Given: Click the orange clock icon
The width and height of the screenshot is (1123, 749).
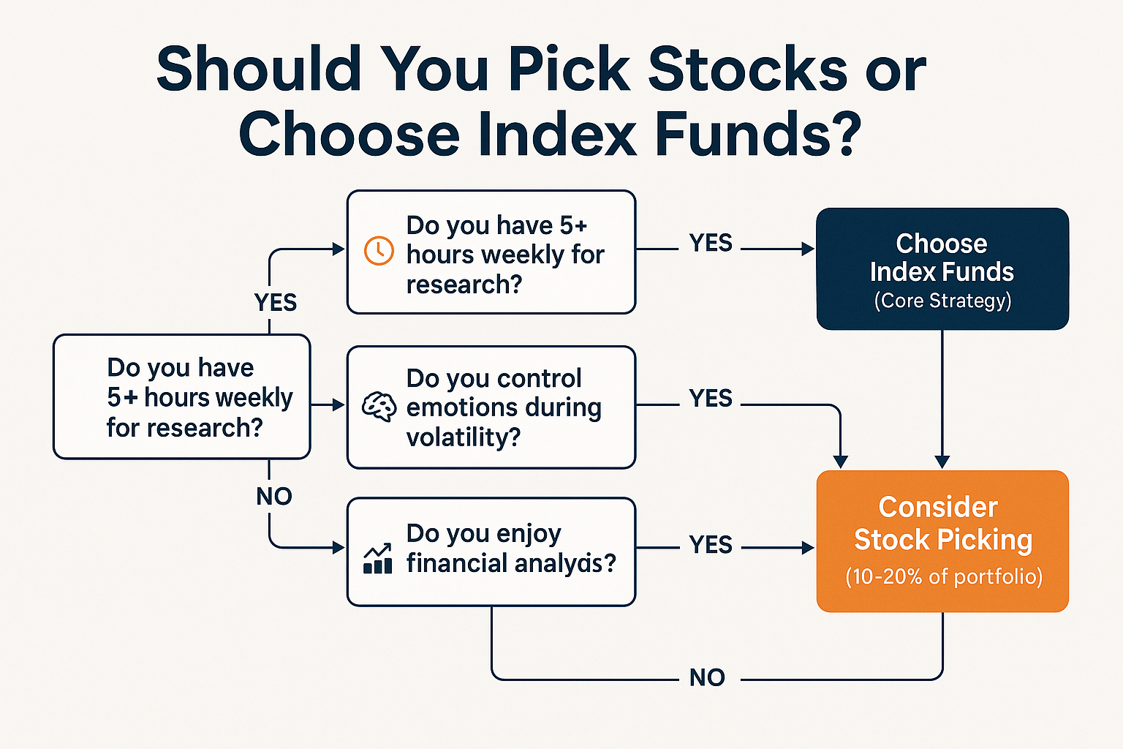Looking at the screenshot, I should (378, 251).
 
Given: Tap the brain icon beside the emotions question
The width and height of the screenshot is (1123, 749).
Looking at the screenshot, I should (379, 407).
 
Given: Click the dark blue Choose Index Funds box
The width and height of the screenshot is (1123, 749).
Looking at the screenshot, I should (942, 268).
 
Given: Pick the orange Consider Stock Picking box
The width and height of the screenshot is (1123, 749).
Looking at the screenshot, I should (942, 541).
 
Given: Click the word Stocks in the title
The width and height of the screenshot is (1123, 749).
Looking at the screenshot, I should (747, 69).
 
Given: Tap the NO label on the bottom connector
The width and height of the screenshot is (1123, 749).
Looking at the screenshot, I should (707, 678).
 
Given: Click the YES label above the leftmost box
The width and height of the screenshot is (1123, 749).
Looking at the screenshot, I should (276, 302).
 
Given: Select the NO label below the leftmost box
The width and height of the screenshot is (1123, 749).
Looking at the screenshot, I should (274, 497).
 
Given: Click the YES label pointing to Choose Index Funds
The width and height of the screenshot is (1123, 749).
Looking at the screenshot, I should (711, 243).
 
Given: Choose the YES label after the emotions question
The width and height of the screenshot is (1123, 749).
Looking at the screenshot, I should (711, 399).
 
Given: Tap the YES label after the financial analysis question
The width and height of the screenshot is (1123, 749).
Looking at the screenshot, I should (711, 545).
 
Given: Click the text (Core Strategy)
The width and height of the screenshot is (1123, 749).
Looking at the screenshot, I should (942, 301).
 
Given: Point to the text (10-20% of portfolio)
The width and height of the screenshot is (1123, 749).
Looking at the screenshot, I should (943, 576).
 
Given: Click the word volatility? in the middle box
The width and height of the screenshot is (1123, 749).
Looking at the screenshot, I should (464, 437).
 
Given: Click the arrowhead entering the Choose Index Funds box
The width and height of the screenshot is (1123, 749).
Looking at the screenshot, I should (808, 249).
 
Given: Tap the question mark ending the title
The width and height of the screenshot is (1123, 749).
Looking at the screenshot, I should (847, 135).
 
